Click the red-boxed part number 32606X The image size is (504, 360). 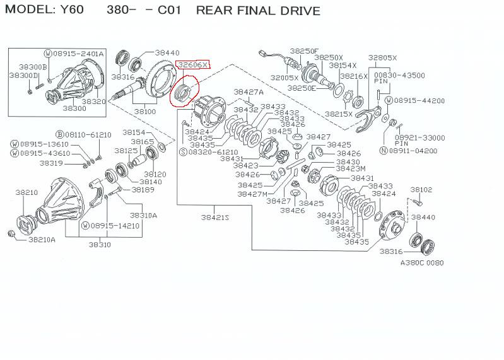point(193,64)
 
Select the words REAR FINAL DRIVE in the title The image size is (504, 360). point(258,11)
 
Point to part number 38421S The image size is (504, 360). point(214,217)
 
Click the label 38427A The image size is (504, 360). point(249,91)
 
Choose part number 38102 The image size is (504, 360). point(421,189)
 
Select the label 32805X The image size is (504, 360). point(383,57)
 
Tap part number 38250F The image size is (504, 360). point(305,50)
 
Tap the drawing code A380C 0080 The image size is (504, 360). point(421,262)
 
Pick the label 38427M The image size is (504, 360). point(252,194)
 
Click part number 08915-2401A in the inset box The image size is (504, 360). point(79,54)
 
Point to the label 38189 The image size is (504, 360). point(143,189)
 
